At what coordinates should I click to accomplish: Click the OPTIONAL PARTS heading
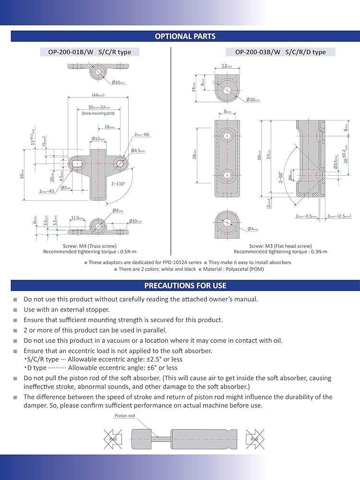(x=185, y=36)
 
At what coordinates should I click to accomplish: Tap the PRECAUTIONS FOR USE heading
(x=185, y=286)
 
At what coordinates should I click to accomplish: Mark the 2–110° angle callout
(x=118, y=183)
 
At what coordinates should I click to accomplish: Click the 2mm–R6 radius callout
(x=142, y=135)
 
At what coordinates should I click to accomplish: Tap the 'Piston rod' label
(x=124, y=416)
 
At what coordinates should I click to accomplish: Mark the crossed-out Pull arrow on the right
(x=253, y=439)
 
